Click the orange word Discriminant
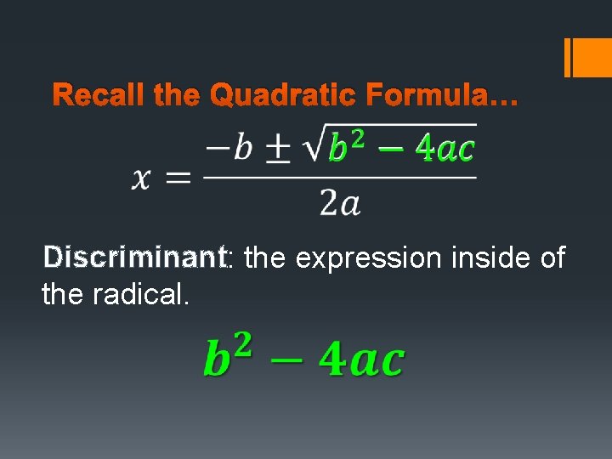tap(134, 257)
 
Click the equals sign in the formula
tap(178, 178)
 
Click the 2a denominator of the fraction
tap(339, 202)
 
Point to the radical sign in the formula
tap(313, 146)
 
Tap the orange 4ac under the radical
tap(444, 148)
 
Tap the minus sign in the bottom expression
tap(285, 360)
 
